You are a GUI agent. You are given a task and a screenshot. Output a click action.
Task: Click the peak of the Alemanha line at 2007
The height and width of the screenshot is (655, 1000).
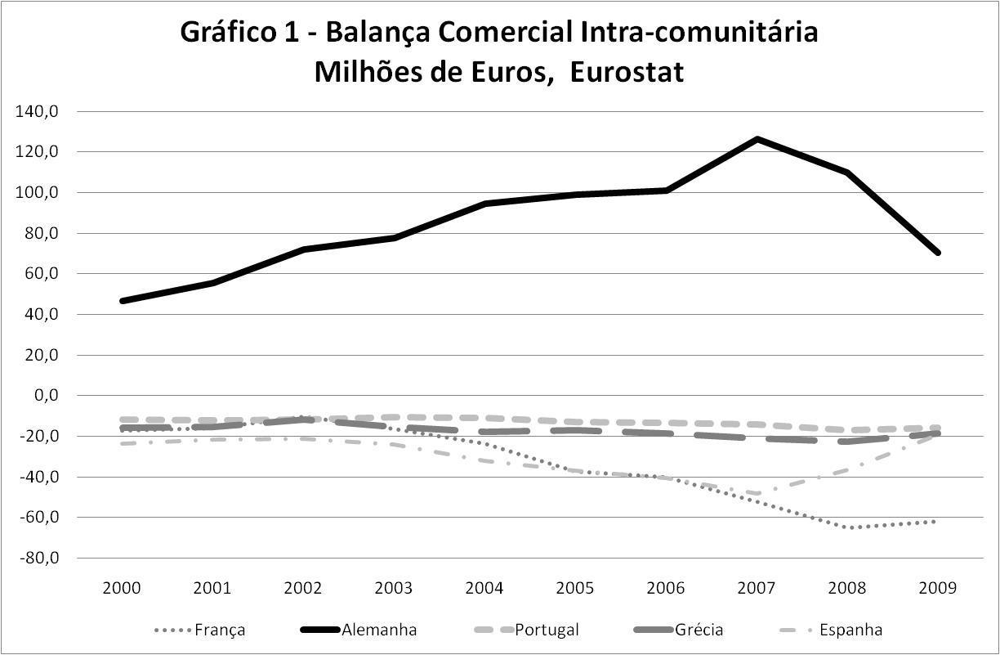tap(757, 139)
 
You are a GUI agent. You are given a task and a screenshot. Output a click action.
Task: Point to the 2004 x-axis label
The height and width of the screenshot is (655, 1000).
tap(485, 588)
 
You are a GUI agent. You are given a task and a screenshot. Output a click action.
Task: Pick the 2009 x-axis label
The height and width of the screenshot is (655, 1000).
tap(938, 588)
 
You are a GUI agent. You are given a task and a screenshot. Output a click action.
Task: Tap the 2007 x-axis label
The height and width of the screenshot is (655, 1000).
tap(757, 588)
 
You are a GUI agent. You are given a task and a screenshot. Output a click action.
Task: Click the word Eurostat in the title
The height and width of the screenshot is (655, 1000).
tap(627, 72)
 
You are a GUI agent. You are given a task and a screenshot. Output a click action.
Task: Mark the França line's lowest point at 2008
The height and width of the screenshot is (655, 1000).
tap(850, 527)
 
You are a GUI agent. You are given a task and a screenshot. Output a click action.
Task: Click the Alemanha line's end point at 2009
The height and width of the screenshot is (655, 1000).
tap(938, 253)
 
